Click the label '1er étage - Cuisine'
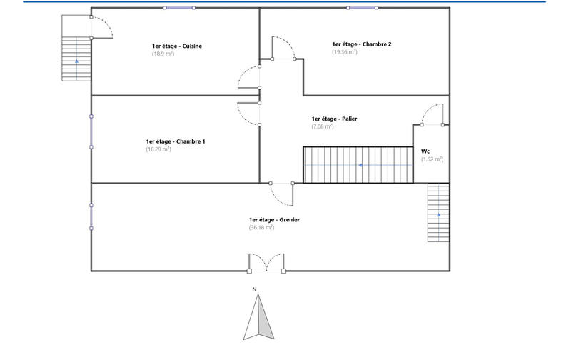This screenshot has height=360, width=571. (x=177, y=46)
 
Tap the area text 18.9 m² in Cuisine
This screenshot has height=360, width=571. (x=163, y=54)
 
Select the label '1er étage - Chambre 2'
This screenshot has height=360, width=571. (x=361, y=44)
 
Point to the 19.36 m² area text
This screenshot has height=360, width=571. (x=345, y=51)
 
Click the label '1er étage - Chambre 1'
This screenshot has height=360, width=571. (x=176, y=141)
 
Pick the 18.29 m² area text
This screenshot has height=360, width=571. (x=158, y=149)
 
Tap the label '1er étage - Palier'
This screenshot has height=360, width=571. (x=334, y=119)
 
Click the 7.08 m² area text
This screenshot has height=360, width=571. (x=323, y=126)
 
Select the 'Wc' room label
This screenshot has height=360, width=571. (x=425, y=151)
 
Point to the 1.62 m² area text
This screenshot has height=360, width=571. (x=432, y=159)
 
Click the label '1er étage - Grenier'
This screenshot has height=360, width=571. (x=274, y=220)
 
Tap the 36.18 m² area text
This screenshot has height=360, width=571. (x=261, y=228)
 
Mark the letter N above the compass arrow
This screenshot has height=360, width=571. (x=254, y=289)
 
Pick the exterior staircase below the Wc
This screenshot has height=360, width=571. (x=438, y=214)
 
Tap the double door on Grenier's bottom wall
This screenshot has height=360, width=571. (x=266, y=262)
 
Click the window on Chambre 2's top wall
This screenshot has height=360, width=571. (x=362, y=8)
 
